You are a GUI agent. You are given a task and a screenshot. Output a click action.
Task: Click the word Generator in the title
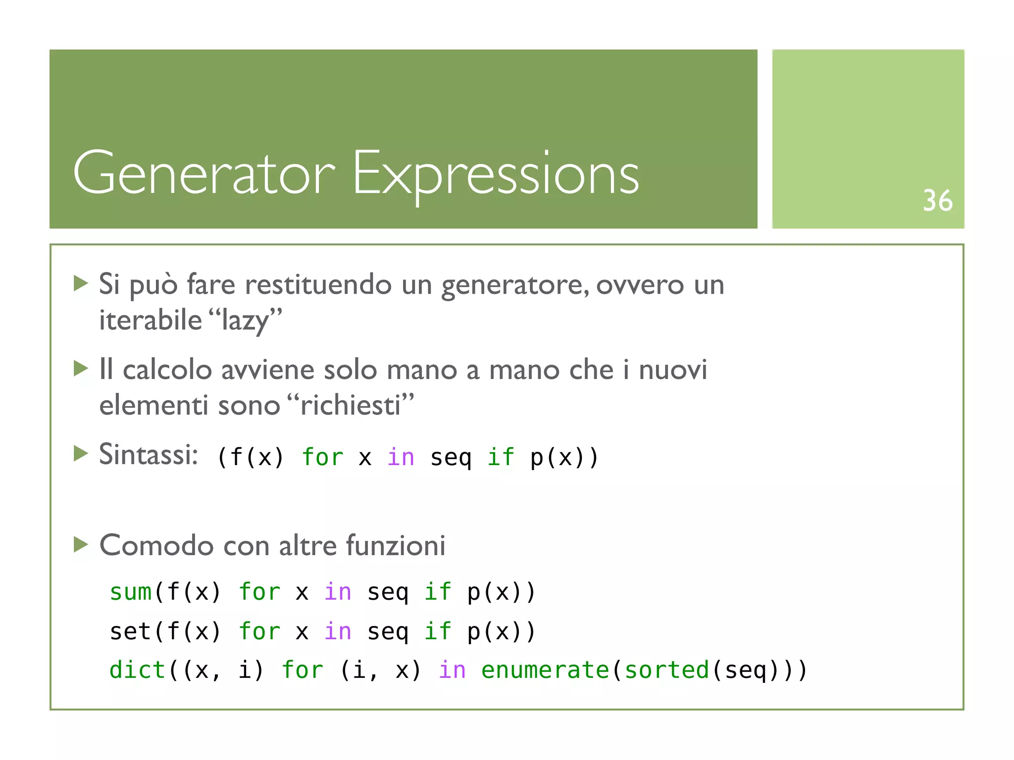pyautogui.click(x=204, y=173)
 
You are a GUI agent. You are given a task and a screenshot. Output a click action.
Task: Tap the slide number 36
pyautogui.click(x=937, y=201)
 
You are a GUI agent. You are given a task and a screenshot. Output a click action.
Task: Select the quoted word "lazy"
pyautogui.click(x=246, y=321)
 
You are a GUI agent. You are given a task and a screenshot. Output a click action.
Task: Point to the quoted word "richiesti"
pyautogui.click(x=351, y=406)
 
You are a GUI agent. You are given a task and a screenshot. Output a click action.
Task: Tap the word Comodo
pyautogui.click(x=156, y=546)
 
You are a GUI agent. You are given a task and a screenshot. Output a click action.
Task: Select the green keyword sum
pyautogui.click(x=131, y=592)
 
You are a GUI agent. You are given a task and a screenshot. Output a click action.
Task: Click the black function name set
pyautogui.click(x=131, y=631)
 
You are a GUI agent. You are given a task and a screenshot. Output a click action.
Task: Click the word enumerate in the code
pyautogui.click(x=545, y=670)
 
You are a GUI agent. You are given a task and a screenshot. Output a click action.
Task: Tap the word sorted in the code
pyautogui.click(x=667, y=670)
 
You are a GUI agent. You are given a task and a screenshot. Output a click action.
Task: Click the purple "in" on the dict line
pyautogui.click(x=452, y=670)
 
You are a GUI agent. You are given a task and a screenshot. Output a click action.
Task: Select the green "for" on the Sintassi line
pyautogui.click(x=323, y=457)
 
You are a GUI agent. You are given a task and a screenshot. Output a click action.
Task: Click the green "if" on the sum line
pyautogui.click(x=438, y=592)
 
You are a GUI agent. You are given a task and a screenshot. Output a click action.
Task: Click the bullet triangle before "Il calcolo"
pyautogui.click(x=81, y=368)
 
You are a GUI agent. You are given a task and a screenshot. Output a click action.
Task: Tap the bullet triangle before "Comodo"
pyautogui.click(x=81, y=544)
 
